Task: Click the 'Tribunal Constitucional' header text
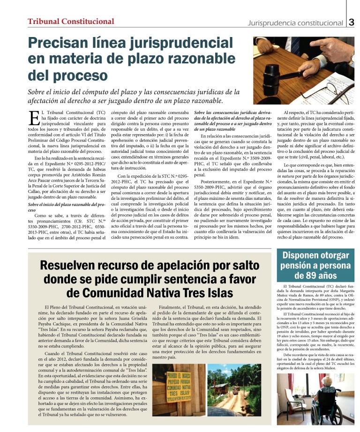[x=71, y=21]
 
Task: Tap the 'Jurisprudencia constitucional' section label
[x=295, y=23]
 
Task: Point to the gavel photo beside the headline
[x=304, y=64]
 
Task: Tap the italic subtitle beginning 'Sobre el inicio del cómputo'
[x=125, y=96]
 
